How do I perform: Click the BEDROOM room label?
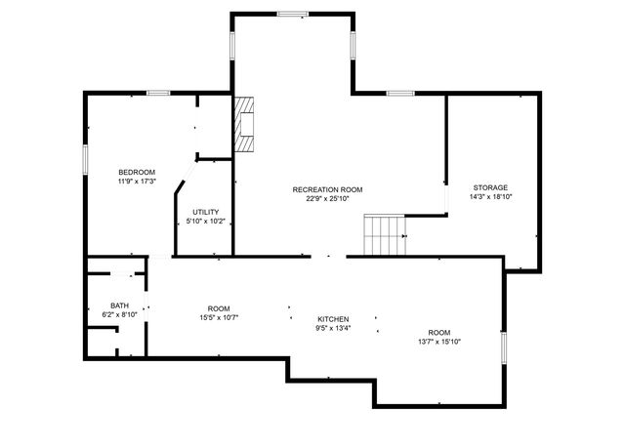137,173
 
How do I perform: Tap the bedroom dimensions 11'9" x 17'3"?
137,182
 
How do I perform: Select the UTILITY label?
205,212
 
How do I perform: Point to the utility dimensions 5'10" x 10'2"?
205,221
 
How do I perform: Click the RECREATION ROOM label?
327,189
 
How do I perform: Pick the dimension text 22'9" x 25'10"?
327,198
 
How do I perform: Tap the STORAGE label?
490,187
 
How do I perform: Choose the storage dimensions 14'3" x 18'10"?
490,196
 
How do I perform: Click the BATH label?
119,305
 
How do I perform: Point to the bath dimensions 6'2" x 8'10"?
119,314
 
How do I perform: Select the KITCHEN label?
333,319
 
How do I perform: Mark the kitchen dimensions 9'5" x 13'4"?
333,328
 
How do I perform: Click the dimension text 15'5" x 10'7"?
219,316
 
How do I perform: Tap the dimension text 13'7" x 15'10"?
439,341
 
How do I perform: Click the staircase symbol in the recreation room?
385,235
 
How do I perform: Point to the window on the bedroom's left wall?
85,158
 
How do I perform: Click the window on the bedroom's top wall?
159,93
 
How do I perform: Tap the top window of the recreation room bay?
292,14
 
